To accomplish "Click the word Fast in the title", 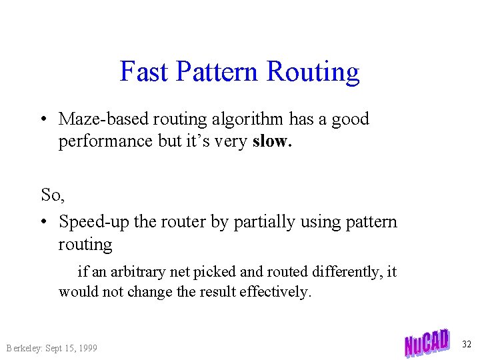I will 144,71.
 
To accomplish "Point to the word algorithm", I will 248,119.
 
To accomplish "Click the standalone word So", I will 51,194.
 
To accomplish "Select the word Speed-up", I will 94,221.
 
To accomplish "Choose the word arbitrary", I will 138,272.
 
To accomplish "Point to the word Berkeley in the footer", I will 24,348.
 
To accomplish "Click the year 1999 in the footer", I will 87,348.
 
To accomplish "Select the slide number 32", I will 467,344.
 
